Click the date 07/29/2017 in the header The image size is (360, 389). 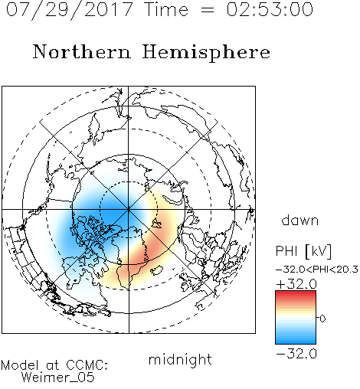click(70, 10)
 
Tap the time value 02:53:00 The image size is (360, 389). click(270, 9)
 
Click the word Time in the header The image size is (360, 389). click(166, 9)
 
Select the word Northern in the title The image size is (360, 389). click(82, 51)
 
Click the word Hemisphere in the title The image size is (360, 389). click(206, 53)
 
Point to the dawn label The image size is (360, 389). click(300, 221)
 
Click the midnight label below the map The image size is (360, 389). click(180, 360)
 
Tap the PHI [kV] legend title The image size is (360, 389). click(304, 251)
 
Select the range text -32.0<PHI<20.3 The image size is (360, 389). click(317, 270)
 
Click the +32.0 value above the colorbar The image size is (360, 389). click(296, 284)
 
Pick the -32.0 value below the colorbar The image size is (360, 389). click(296, 354)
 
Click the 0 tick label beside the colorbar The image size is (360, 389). click(322, 319)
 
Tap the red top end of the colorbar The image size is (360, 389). click(296, 293)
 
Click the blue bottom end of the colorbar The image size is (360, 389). click(296, 342)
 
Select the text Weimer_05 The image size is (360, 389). click(58, 378)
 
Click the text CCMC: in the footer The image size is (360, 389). click(87, 365)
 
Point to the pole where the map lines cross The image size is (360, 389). click(129, 210)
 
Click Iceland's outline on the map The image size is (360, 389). click(157, 270)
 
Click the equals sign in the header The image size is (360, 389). click(207, 10)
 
